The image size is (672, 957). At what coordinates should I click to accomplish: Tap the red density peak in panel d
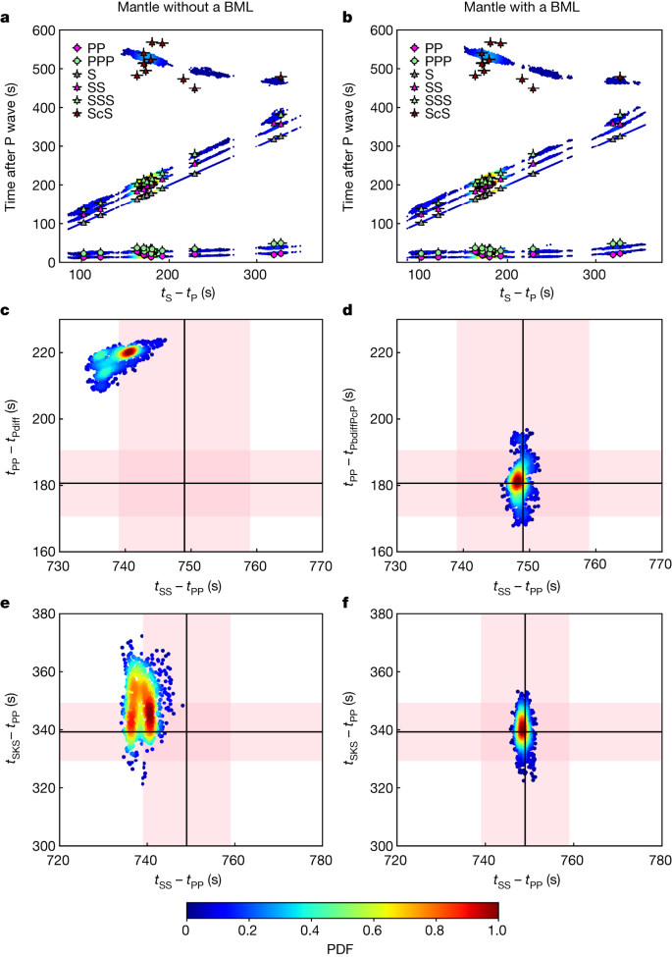coord(518,482)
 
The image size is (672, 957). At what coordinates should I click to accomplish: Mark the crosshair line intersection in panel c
coord(184,483)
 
